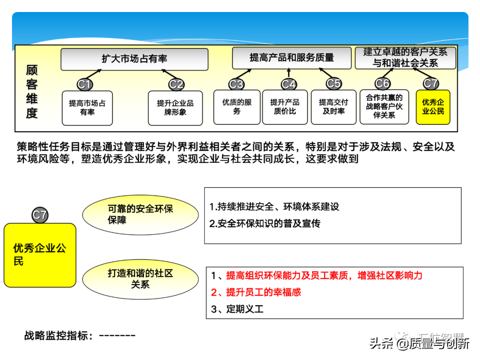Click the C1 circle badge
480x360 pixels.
pyautogui.click(x=84, y=84)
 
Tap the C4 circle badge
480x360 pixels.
pyautogui.click(x=289, y=84)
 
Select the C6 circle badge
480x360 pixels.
pyautogui.click(x=382, y=83)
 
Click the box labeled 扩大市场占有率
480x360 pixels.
pyautogui.click(x=134, y=59)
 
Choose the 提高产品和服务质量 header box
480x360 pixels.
pyautogui.click(x=292, y=58)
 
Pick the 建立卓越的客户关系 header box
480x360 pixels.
pyautogui.click(x=405, y=58)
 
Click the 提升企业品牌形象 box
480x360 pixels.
pyautogui.click(x=175, y=108)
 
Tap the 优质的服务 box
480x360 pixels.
pyautogui.click(x=237, y=107)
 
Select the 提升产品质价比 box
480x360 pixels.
pyautogui.click(x=285, y=107)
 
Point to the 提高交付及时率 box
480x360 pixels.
pyautogui.click(x=333, y=107)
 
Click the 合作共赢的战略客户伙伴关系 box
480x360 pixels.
pyautogui.click(x=384, y=107)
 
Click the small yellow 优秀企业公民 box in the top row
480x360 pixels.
pyautogui.click(x=433, y=107)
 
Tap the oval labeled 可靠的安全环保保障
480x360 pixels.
pyautogui.click(x=140, y=215)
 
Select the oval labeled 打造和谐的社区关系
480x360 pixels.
pyautogui.click(x=140, y=279)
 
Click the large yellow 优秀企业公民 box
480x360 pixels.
pyautogui.click(x=40, y=255)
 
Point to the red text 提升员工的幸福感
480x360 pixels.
pyautogui.click(x=263, y=292)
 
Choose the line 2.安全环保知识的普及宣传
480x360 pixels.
pyautogui.click(x=265, y=224)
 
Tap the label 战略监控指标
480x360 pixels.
pyautogui.click(x=59, y=336)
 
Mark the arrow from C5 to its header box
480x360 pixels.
pyautogui.click(x=325, y=73)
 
